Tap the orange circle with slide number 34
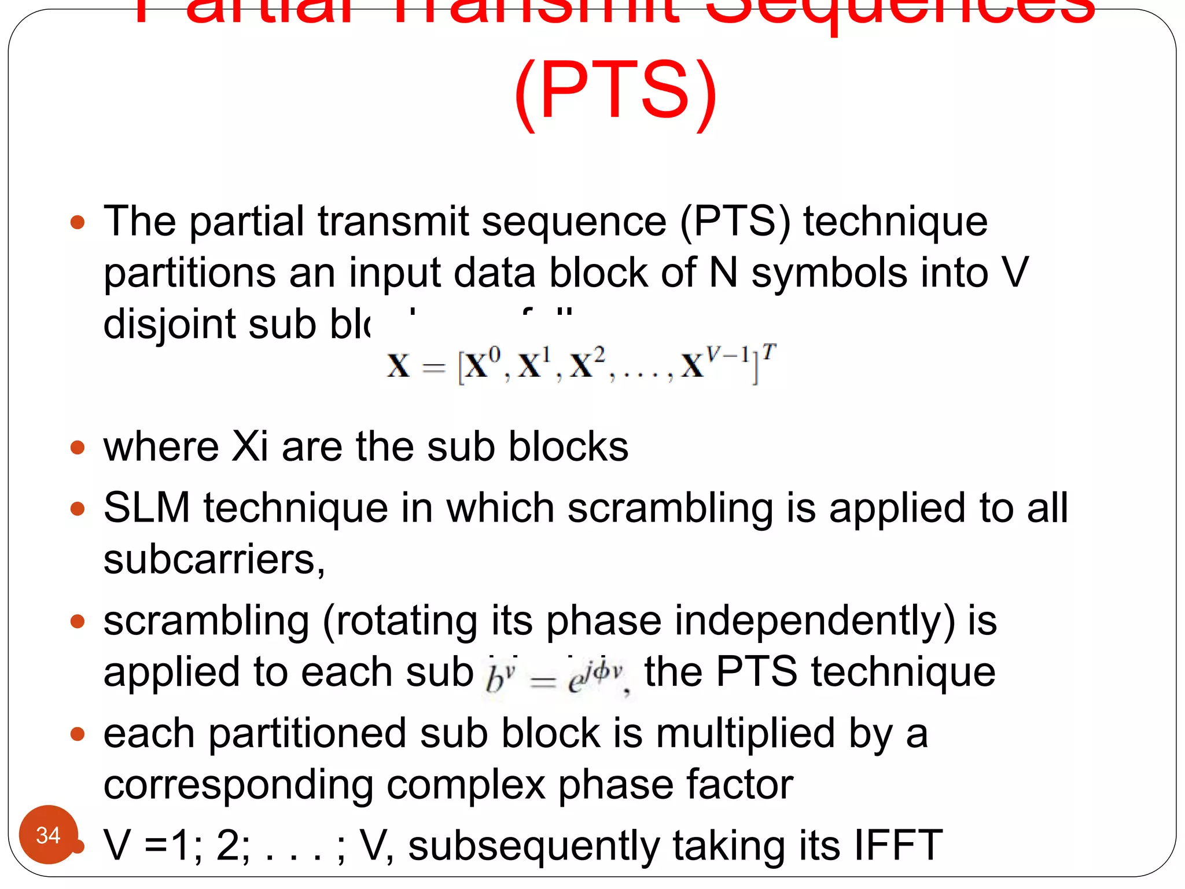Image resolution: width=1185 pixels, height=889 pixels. pyautogui.click(x=48, y=835)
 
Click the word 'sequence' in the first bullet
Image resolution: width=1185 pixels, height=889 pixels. pyautogui.click(x=573, y=222)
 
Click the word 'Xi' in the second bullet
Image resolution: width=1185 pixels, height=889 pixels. pyautogui.click(x=249, y=447)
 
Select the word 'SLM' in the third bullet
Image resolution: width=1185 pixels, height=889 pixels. pyautogui.click(x=146, y=508)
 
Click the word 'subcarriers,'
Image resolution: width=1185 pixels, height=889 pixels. pyautogui.click(x=214, y=560)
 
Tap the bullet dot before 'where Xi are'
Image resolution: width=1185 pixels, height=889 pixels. pyautogui.click(x=78, y=447)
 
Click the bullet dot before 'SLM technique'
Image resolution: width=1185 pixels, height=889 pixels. pyautogui.click(x=78, y=509)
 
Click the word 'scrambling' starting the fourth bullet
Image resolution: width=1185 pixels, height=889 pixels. pyautogui.click(x=206, y=620)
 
